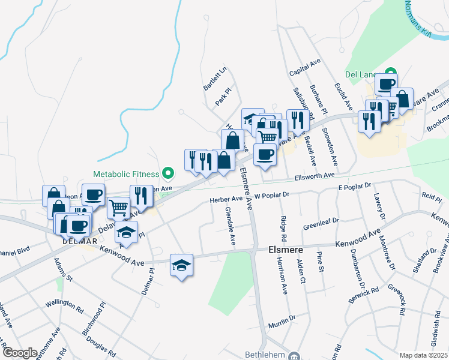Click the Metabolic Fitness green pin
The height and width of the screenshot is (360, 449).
click(x=168, y=175)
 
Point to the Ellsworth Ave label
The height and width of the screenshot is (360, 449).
click(x=314, y=176)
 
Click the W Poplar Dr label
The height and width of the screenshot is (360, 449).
click(x=272, y=195)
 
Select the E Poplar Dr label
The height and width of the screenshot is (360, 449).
click(x=355, y=188)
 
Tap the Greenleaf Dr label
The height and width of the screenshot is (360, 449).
click(x=321, y=224)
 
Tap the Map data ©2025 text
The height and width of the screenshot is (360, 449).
click(x=424, y=355)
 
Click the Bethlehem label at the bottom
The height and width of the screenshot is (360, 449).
click(x=262, y=356)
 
